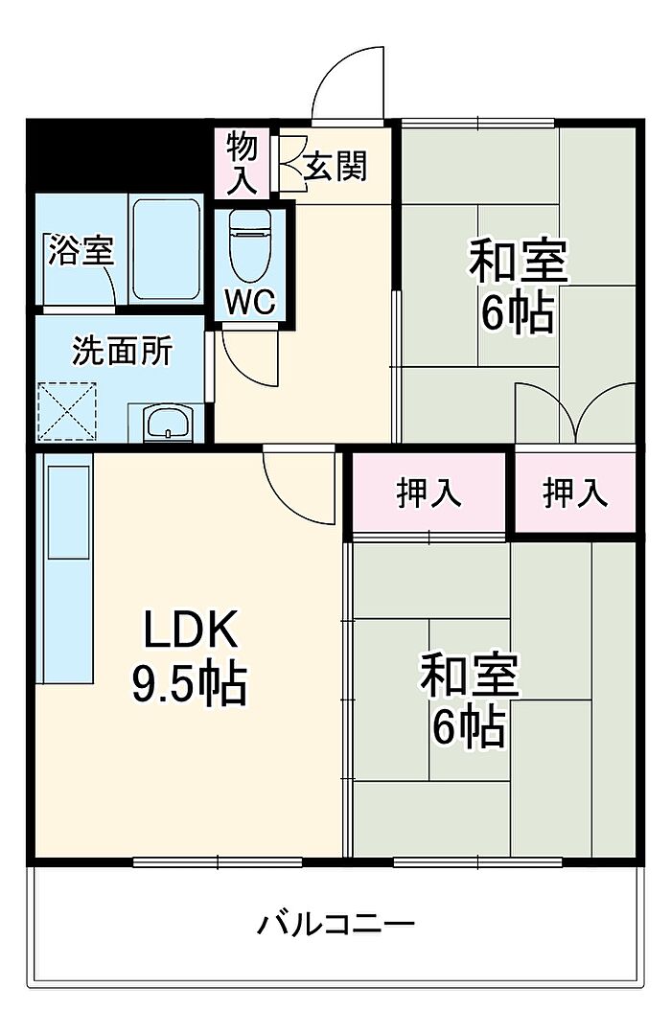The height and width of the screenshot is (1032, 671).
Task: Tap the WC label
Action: (250, 302)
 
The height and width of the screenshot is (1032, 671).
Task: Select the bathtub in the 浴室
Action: (166, 249)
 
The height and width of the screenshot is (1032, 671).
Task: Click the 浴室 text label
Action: (81, 250)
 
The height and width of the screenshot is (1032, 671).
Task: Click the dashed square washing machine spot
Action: (66, 411)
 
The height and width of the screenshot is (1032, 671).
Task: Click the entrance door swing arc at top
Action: (347, 83)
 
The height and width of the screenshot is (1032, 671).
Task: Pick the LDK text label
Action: (191, 630)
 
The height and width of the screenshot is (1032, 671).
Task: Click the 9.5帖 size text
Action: (189, 684)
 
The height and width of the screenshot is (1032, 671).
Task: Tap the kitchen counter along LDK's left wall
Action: (64, 567)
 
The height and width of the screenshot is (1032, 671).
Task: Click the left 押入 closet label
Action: (429, 493)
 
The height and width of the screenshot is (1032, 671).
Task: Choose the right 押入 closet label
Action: (575, 493)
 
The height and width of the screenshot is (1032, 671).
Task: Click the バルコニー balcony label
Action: (335, 924)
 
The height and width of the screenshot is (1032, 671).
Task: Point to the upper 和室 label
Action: (519, 262)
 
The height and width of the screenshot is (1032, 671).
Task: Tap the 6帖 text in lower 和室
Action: (469, 727)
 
